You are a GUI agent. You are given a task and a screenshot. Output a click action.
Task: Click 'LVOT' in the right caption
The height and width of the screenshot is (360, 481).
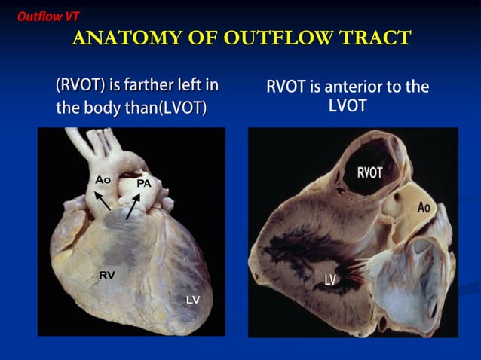[348, 106]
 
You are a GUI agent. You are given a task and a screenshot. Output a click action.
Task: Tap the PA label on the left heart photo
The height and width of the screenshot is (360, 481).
[144, 184]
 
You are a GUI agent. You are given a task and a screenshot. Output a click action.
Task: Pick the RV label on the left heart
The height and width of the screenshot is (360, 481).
[107, 276]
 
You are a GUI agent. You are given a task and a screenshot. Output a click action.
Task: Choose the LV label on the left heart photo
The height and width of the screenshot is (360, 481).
[193, 300]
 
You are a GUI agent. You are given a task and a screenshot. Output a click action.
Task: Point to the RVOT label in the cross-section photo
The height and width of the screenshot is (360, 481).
[369, 173]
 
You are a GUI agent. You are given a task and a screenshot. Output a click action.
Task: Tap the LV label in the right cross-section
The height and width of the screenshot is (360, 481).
[329, 281]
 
